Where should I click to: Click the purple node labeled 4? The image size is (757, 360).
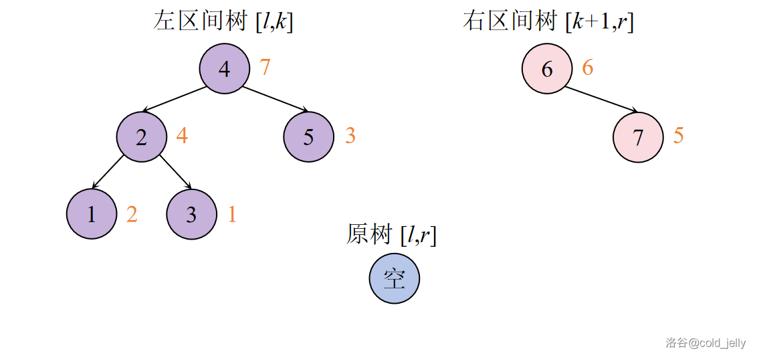tap(224, 68)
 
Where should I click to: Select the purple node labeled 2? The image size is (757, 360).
tap(141, 137)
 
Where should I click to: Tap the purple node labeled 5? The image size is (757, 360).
tap(308, 137)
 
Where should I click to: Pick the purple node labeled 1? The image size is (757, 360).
tap(92, 214)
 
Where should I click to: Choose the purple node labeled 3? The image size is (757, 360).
tap(191, 214)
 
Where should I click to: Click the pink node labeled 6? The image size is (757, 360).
tap(547, 68)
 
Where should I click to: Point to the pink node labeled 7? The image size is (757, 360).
tap(638, 137)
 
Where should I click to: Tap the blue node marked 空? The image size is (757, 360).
tap(395, 278)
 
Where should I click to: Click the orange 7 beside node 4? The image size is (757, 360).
tap(265, 68)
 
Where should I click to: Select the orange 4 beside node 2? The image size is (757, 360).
tap(182, 136)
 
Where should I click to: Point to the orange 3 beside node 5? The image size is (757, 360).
tap(350, 136)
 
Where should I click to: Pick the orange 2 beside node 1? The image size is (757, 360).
tap(132, 214)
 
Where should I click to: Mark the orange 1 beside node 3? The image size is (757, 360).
tap(232, 214)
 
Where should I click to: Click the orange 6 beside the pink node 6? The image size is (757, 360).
tap(588, 68)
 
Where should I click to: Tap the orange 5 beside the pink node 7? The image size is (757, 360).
tap(679, 136)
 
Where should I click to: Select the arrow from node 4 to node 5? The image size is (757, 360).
tap(276, 99)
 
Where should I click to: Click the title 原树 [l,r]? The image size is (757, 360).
tap(391, 235)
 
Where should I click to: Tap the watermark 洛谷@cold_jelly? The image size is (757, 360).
tap(705, 343)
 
